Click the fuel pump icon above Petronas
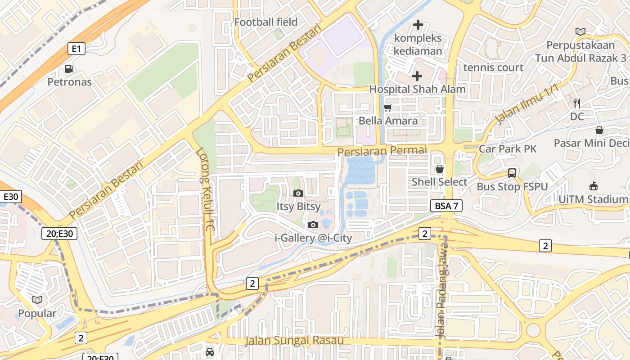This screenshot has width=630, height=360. tap(69, 69)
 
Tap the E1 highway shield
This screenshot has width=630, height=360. tap(76, 49)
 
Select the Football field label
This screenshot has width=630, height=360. tap(266, 22)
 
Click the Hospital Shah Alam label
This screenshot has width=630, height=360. tap(417, 89)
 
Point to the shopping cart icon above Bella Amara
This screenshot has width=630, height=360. tap(387, 108)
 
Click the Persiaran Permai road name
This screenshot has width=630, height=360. tap(382, 151)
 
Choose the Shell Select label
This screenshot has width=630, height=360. tap(440, 182)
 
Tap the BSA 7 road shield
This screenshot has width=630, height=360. tap(446, 206)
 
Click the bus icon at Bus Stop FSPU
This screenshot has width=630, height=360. tap(512, 173)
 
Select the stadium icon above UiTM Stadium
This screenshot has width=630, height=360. tap(594, 186)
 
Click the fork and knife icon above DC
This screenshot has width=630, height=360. tap(577, 103)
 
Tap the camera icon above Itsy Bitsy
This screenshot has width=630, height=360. tap(298, 193)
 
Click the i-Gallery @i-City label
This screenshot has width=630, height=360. tap(313, 238)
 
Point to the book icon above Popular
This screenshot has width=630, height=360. tap(37, 300)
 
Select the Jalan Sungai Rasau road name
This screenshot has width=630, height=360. tap(294, 340)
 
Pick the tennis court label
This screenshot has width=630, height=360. tap(493, 67)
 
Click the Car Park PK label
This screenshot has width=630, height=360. tap(508, 149)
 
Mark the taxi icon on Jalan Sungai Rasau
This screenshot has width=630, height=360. tap(210, 352)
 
